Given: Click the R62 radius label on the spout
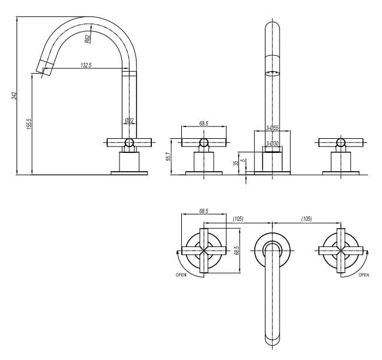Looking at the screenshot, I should (87, 39).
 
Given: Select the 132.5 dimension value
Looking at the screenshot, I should (86, 65).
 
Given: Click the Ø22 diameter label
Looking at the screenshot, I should (129, 121).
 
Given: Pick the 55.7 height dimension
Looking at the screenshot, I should (168, 156).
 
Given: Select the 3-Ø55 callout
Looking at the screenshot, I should (272, 128).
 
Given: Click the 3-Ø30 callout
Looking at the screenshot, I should (272, 144).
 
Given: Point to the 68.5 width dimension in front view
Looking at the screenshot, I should (204, 124).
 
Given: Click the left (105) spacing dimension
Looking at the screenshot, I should (238, 219).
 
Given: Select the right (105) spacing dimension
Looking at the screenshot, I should (306, 219).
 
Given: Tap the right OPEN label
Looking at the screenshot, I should (364, 275).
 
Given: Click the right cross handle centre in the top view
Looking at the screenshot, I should (340, 250).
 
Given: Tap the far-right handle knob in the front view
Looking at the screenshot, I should (340, 142).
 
